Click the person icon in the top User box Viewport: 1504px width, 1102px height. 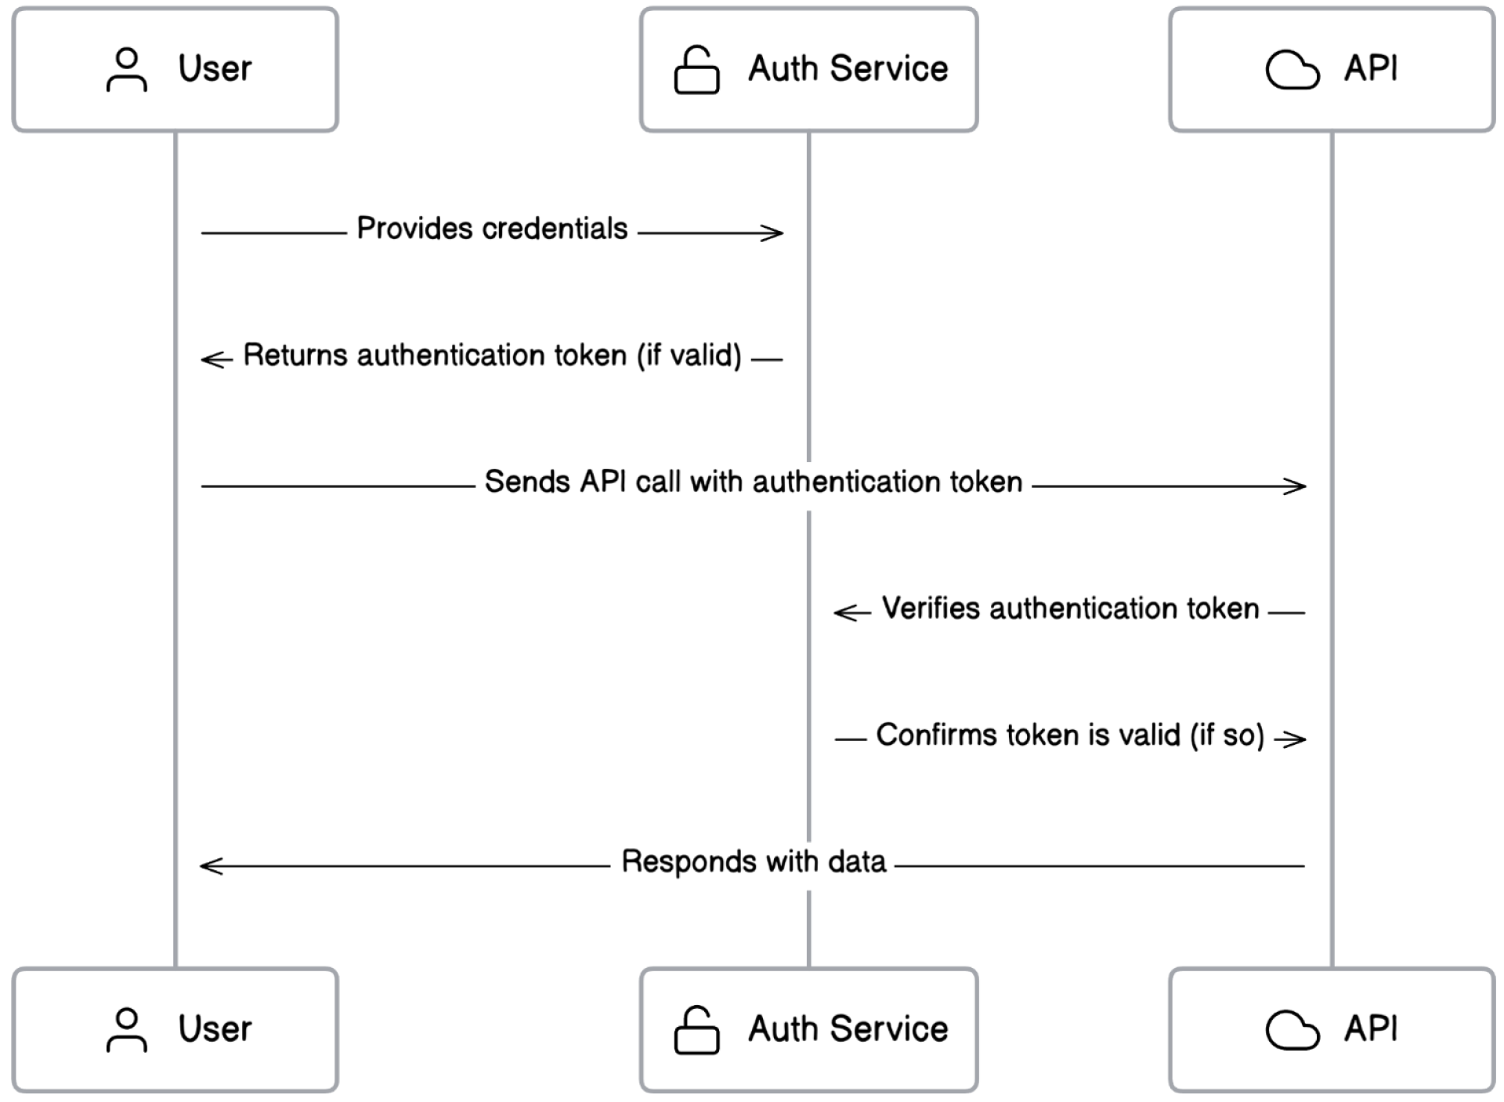(126, 70)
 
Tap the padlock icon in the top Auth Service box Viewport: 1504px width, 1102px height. (696, 70)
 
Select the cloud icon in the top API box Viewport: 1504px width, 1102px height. (1292, 70)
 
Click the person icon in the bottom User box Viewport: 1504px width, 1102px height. (126, 1030)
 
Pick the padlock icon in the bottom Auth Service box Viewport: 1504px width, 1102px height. (696, 1030)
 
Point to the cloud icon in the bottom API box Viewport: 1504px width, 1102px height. (1292, 1030)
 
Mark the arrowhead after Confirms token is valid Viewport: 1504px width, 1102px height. (1296, 739)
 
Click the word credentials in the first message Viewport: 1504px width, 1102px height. (555, 229)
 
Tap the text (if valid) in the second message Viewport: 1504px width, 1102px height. (689, 356)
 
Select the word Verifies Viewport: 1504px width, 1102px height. (931, 609)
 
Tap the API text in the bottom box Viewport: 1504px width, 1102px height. (1371, 1029)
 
